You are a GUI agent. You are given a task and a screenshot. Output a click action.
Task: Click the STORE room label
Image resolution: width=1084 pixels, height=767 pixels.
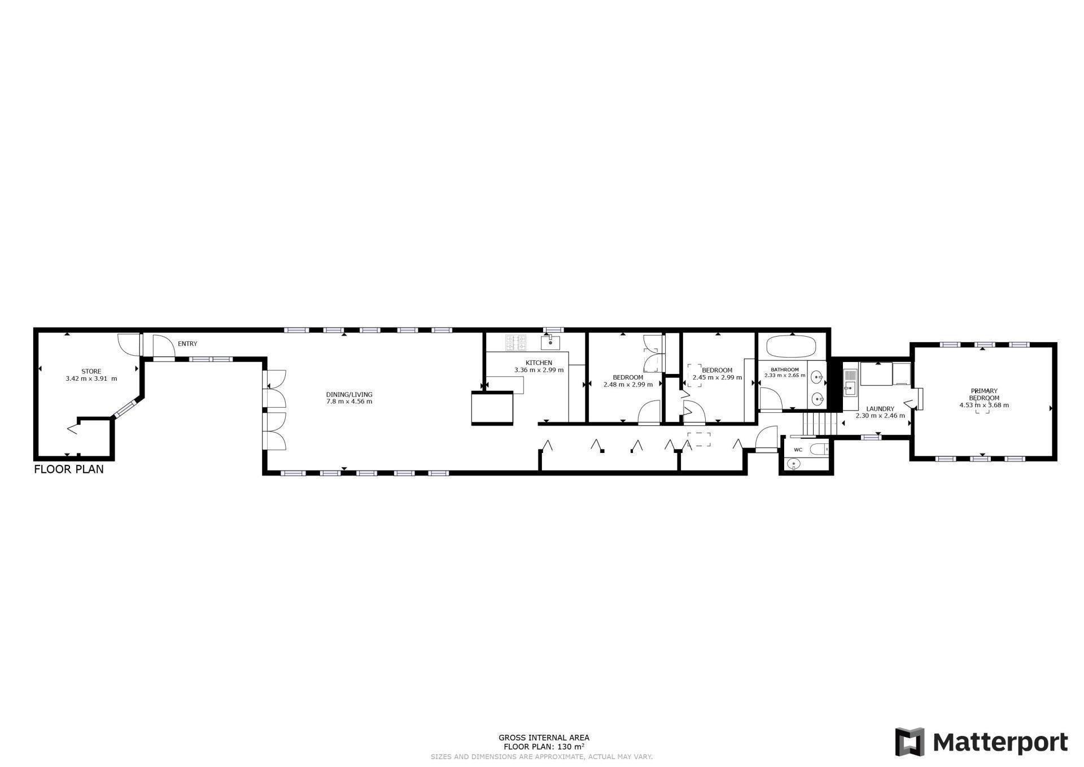coord(91,371)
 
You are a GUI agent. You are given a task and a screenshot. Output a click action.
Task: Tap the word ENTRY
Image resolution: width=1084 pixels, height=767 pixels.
coord(187,343)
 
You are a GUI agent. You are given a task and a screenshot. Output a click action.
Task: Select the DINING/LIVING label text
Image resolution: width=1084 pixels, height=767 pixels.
coord(349,394)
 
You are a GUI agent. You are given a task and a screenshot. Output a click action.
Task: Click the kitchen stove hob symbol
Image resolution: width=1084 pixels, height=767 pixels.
coord(515,341)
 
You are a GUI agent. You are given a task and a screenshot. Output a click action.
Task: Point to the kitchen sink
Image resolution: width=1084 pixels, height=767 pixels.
coord(550,342)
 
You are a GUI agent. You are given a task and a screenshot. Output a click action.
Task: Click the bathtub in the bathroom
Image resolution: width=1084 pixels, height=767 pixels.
coord(791,346)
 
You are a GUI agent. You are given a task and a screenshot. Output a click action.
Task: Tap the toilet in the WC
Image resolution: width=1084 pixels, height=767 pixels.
coord(818,449)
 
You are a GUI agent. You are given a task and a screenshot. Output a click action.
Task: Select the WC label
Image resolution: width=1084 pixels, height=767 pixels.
coord(798,450)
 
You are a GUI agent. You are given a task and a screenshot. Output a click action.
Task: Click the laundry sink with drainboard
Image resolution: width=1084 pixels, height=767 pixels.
coord(850,383)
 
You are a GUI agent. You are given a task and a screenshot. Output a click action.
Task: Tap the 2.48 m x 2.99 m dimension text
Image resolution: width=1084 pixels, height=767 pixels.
coord(628,384)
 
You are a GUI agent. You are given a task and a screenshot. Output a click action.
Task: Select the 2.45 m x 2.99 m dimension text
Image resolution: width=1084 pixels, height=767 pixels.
coord(717,377)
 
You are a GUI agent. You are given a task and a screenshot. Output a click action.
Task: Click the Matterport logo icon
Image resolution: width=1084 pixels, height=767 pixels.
coord(910,742)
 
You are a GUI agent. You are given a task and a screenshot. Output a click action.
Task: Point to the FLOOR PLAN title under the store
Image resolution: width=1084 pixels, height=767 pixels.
coord(69,469)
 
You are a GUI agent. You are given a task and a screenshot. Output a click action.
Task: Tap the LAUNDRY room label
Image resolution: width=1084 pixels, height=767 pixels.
coord(880,408)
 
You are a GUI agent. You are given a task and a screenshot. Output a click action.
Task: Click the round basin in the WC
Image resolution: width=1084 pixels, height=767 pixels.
coord(794,464)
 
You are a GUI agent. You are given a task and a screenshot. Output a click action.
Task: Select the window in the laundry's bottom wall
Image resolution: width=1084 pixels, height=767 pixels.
coord(871,437)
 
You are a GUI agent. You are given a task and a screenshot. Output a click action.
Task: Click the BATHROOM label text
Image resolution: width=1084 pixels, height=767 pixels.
coord(785,369)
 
